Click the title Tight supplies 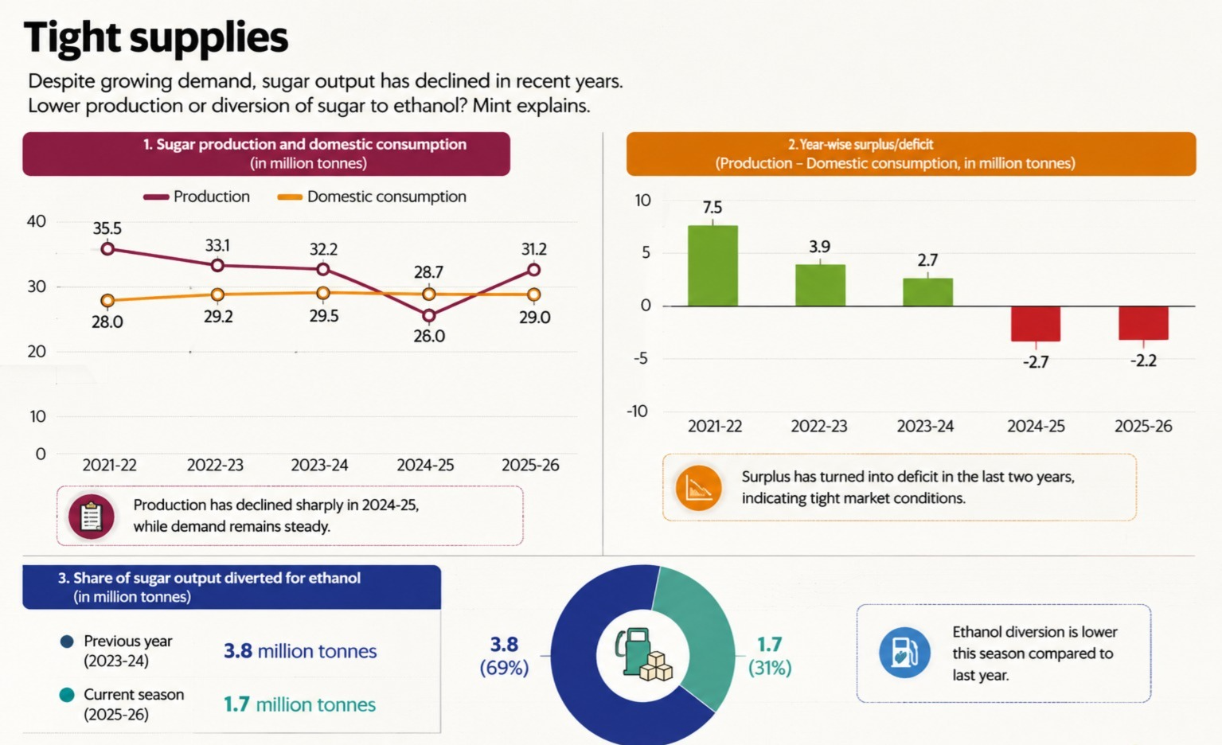156,37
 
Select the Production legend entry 197,197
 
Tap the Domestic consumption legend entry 372,197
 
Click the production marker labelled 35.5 108,249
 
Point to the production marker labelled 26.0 429,316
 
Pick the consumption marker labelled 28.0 107,301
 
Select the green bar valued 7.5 713,266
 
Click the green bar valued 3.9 820,285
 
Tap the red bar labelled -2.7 1036,324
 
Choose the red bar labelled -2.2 1143,323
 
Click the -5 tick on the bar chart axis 642,359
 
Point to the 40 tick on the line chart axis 37,221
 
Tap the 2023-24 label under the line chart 319,465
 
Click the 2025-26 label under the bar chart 1143,426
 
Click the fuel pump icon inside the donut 642,654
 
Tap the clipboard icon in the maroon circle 91,517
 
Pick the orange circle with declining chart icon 698,488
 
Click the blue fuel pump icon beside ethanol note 904,653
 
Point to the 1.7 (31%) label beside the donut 769,656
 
